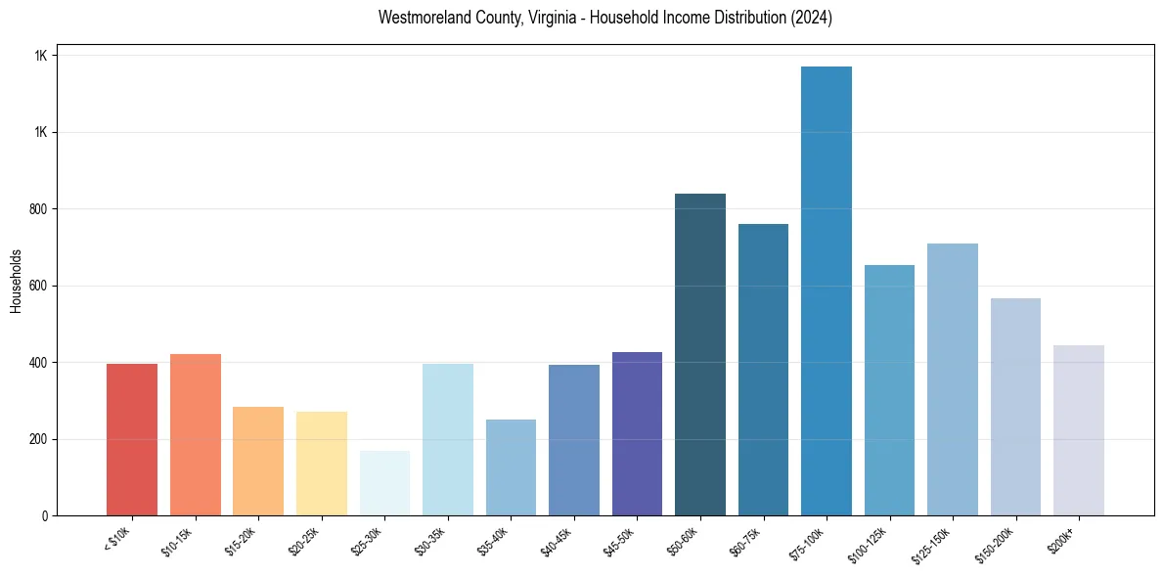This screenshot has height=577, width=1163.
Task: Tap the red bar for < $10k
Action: [132, 439]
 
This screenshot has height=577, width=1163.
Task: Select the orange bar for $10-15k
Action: [195, 434]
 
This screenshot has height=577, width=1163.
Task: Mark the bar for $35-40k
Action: [511, 467]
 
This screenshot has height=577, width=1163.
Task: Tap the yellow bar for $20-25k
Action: [321, 464]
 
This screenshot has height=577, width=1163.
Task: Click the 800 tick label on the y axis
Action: [38, 209]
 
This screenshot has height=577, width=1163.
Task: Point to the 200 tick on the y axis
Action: [38, 439]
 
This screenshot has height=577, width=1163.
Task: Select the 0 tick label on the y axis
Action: [45, 515]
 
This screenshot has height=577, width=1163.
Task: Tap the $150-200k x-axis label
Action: [996, 544]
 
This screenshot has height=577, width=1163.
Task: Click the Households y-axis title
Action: [16, 280]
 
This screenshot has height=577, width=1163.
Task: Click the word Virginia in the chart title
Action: [526, 18]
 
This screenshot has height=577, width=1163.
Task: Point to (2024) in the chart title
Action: [814, 18]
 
